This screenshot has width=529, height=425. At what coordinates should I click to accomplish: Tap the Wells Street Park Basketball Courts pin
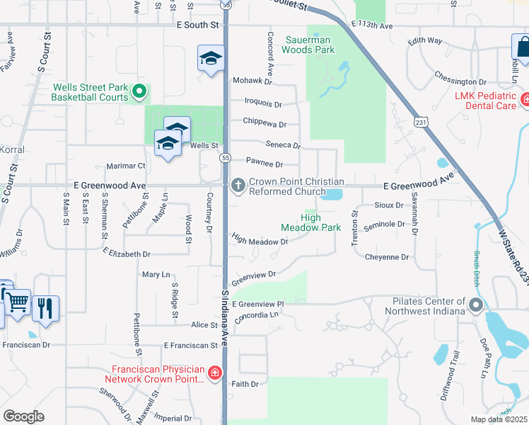(139, 91)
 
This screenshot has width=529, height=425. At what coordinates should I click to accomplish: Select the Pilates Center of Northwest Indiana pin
(475, 306)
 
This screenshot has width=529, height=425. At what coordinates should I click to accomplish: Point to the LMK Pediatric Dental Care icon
(524, 100)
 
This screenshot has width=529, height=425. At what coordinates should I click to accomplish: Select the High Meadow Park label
(310, 223)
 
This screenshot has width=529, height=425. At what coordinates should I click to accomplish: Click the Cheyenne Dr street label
(387, 257)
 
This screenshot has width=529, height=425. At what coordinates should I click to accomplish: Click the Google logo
(23, 416)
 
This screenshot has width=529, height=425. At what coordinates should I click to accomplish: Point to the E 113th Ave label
(372, 25)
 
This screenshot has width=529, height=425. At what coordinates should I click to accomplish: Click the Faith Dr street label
(245, 384)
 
